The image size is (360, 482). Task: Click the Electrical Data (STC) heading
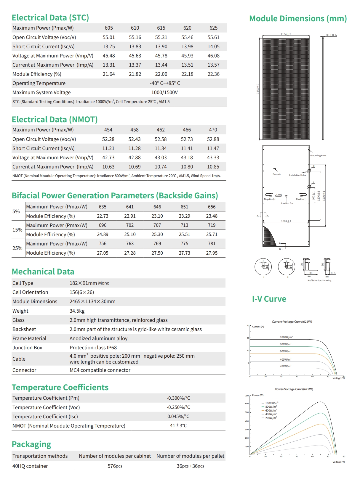point(50,18)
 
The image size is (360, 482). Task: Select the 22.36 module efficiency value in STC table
point(213,74)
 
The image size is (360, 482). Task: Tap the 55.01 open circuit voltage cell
point(109,37)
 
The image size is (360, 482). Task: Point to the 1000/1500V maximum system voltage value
point(164,92)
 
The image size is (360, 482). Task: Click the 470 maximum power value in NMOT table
point(213,130)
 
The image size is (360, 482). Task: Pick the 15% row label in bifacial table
point(17,230)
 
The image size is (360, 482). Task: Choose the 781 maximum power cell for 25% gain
point(212,243)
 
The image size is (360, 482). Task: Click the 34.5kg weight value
point(77,311)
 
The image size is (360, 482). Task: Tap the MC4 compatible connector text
point(100,370)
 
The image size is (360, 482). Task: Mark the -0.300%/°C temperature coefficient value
point(178,398)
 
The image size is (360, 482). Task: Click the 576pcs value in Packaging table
point(115,466)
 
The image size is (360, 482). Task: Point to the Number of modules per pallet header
point(190,456)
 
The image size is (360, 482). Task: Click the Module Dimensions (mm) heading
point(298,19)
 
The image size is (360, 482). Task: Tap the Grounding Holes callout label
point(318,156)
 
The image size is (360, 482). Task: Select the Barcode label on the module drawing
point(276,174)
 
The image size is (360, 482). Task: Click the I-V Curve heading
point(269,299)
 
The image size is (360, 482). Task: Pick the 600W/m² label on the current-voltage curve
point(285,351)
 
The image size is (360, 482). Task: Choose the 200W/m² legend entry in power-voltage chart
point(271,418)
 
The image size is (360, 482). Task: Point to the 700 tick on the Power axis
point(247,396)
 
